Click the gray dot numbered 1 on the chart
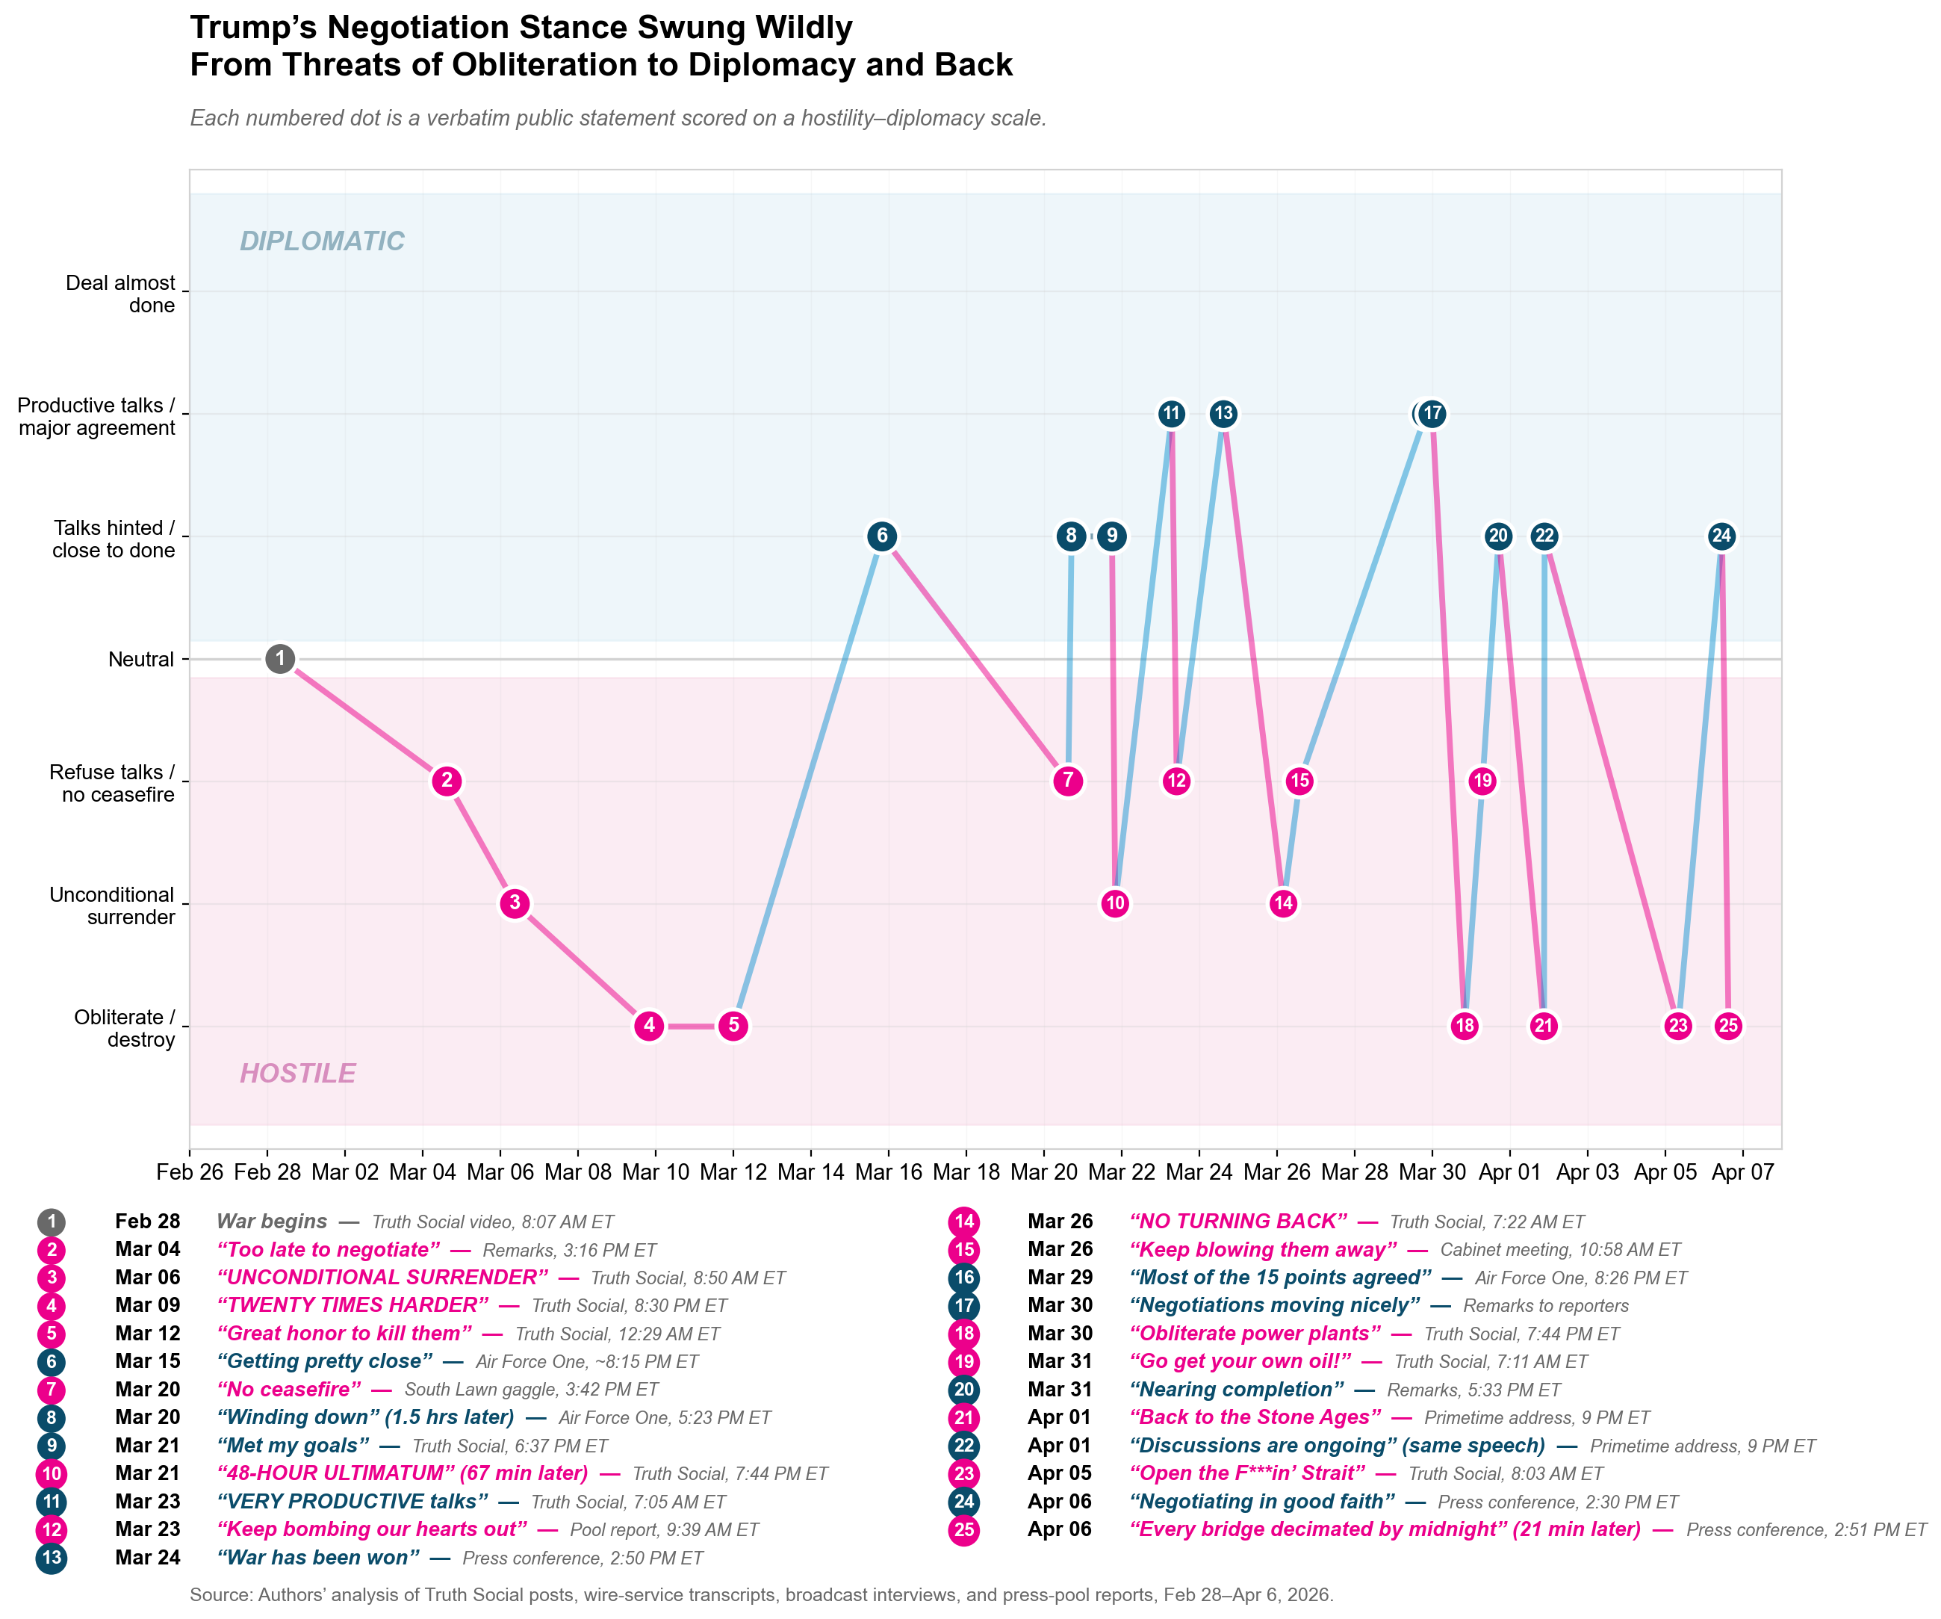(280, 658)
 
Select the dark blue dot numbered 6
(882, 536)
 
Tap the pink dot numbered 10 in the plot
(1115, 903)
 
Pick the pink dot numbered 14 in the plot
(1283, 903)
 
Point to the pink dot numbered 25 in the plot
(1728, 1025)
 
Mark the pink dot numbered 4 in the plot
(649, 1025)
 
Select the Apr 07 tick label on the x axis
(1742, 1172)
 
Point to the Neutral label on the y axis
(140, 659)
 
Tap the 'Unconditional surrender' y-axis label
(112, 906)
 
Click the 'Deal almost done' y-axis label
(120, 294)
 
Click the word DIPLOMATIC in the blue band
(322, 241)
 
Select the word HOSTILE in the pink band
(298, 1074)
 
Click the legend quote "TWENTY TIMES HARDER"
(353, 1305)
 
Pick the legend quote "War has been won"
(318, 1557)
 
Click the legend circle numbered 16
(964, 1278)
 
